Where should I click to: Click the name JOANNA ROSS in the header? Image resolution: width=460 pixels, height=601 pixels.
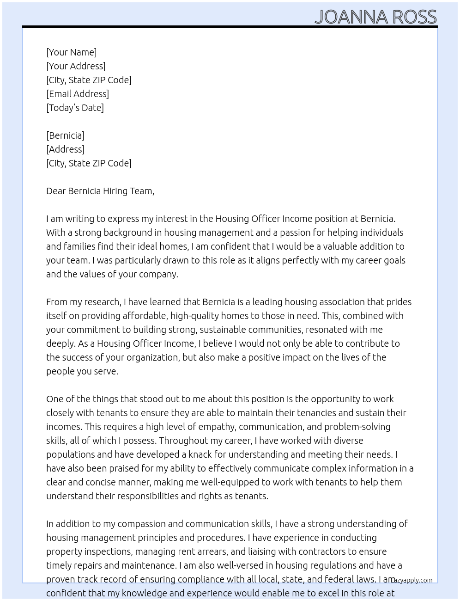pyautogui.click(x=375, y=17)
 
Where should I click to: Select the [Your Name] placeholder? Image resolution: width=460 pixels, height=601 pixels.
pyautogui.click(x=71, y=52)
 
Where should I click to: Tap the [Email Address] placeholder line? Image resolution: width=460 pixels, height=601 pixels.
pyautogui.click(x=78, y=94)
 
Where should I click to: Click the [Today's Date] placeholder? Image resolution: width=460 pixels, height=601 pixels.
pyautogui.click(x=75, y=108)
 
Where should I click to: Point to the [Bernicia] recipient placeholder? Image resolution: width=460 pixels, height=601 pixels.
pyautogui.click(x=65, y=135)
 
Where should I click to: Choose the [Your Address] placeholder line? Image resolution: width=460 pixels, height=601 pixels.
pyautogui.click(x=76, y=66)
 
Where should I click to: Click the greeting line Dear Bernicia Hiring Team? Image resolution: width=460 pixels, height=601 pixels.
pyautogui.click(x=100, y=191)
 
